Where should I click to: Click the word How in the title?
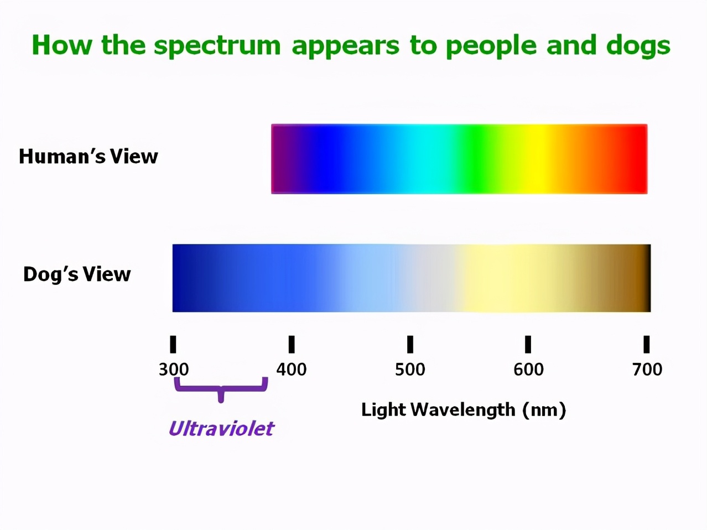pos(62,45)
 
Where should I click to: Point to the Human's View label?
pos(89,157)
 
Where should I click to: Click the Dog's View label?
pos(77,274)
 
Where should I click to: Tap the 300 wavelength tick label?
pos(174,370)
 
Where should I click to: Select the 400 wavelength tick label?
pos(292,370)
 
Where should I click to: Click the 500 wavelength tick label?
pos(410,370)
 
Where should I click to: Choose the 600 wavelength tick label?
pos(528,370)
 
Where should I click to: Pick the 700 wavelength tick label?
pos(647,370)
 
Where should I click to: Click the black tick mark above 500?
pos(410,345)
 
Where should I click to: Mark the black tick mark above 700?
pos(647,345)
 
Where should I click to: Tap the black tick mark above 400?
pos(292,345)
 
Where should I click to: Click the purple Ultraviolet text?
pos(221,429)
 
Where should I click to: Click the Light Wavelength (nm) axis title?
pos(464,410)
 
